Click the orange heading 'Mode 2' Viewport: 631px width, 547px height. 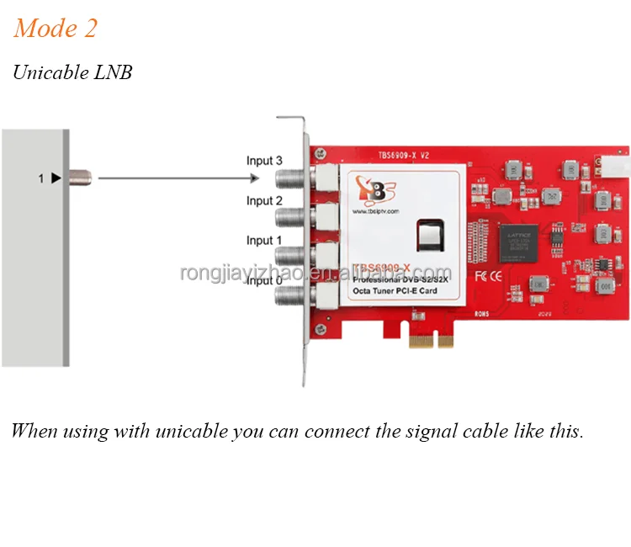(x=56, y=29)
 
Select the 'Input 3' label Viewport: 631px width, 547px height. (x=264, y=160)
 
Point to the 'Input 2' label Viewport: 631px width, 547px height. (x=264, y=200)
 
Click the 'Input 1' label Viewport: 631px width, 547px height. (x=264, y=240)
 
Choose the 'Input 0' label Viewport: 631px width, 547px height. (x=264, y=280)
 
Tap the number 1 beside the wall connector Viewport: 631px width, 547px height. (x=40, y=178)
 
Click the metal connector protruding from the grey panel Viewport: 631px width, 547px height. (x=82, y=178)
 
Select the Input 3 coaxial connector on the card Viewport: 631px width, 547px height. (x=290, y=178)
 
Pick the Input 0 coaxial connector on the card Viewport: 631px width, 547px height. (x=290, y=296)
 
